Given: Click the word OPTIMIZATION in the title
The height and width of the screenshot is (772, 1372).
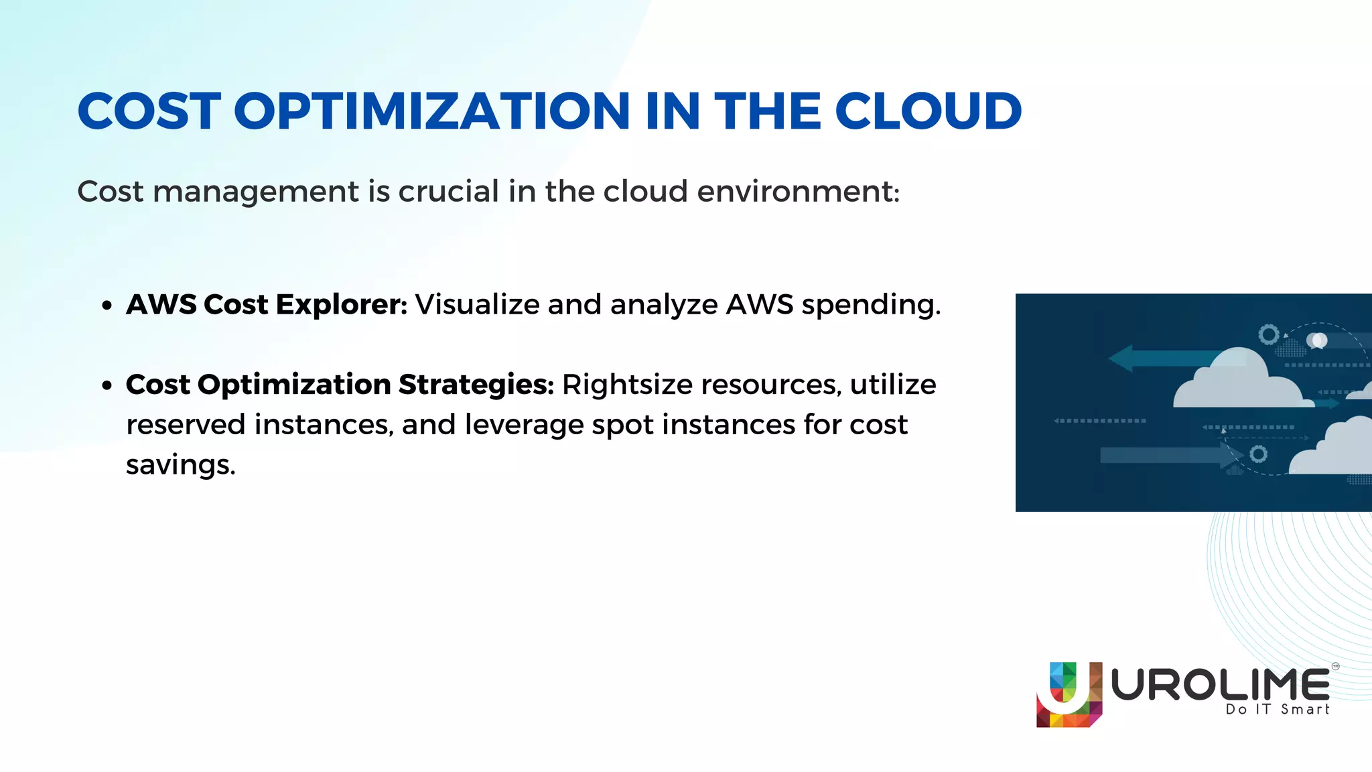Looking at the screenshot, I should pos(431,111).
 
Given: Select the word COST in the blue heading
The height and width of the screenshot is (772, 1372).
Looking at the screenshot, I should pos(149,111).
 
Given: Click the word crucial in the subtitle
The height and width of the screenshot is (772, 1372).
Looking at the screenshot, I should pos(448,192).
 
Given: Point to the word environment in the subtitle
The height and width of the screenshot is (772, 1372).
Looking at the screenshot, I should pos(797,192).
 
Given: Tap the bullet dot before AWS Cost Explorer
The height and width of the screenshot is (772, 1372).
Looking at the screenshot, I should pos(107,306).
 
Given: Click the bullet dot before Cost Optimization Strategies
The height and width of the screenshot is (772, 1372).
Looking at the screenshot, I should pos(107,386).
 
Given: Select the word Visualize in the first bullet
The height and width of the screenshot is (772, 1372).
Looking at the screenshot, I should pos(477,305).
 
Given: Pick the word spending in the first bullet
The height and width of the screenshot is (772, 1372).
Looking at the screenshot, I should pos(871,306).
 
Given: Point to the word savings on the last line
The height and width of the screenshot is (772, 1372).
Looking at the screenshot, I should pos(180,464).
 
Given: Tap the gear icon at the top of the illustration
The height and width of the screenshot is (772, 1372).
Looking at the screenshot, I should pos(1268,334).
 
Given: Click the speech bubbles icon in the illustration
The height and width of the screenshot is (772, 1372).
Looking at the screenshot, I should pos(1317,341).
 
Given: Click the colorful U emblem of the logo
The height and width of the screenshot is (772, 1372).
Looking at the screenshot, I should pos(1069,695).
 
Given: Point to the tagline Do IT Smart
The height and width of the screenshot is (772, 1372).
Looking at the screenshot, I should pos(1277,710).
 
